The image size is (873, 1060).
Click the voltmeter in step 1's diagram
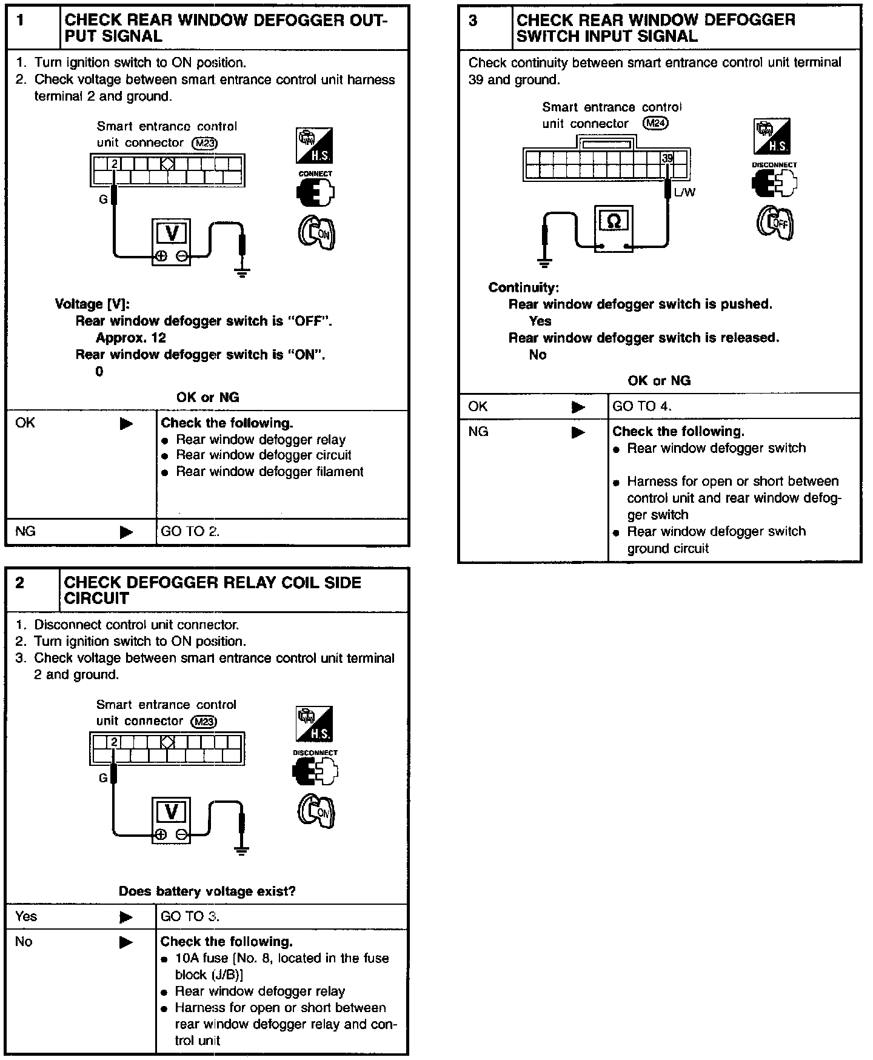pyautogui.click(x=172, y=241)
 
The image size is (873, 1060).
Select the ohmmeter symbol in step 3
pyautogui.click(x=614, y=229)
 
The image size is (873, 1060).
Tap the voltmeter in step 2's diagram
pyautogui.click(x=172, y=819)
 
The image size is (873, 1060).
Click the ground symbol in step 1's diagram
pyautogui.click(x=242, y=272)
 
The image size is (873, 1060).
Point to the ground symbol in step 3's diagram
pyautogui.click(x=544, y=263)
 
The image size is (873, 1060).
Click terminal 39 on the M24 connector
pyautogui.click(x=667, y=159)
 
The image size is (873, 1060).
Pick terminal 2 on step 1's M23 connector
pyautogui.click(x=114, y=164)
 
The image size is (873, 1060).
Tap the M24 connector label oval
pyautogui.click(x=655, y=124)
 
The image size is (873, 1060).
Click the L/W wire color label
pyautogui.click(x=684, y=192)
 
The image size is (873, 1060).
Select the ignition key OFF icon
pyautogui.click(x=775, y=223)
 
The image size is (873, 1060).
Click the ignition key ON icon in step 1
pyautogui.click(x=316, y=232)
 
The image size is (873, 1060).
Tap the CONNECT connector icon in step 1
pyautogui.click(x=315, y=192)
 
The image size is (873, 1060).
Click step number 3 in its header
pyautogui.click(x=473, y=22)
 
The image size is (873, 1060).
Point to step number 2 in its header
pyautogui.click(x=20, y=583)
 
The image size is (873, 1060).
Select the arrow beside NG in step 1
pyautogui.click(x=126, y=532)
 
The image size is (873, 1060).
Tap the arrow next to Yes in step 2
pyautogui.click(x=126, y=917)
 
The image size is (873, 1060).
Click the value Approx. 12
pyautogui.click(x=131, y=338)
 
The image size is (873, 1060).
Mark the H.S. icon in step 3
pyautogui.click(x=772, y=136)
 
